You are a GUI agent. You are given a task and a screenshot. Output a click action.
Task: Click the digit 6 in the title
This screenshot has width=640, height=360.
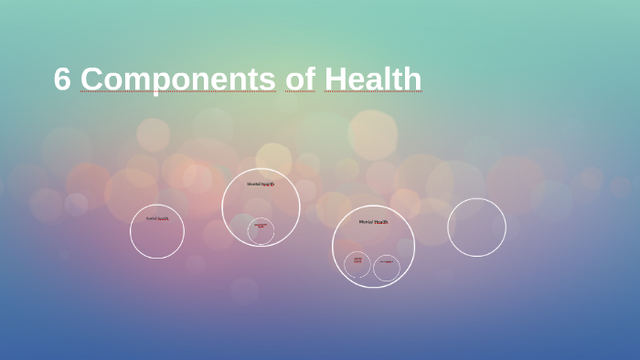click(x=61, y=79)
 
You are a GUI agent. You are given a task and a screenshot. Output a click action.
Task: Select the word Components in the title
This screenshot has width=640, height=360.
click(x=177, y=79)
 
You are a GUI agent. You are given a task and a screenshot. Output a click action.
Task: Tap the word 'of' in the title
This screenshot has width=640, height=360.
click(x=299, y=79)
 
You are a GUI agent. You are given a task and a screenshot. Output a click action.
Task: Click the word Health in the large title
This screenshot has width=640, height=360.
click(x=373, y=79)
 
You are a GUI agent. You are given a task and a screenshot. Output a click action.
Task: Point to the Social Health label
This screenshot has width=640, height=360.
click(x=157, y=218)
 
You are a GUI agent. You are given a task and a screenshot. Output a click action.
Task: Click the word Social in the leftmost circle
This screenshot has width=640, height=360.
click(x=152, y=218)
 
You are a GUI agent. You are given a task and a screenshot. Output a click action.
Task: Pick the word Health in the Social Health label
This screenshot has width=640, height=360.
click(x=164, y=218)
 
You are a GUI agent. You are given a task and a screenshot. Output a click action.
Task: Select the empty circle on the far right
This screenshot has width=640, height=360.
click(x=476, y=228)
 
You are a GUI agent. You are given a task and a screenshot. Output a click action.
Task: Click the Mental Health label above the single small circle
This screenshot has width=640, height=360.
click(x=261, y=184)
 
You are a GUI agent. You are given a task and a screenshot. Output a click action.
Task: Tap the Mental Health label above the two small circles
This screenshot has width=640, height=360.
click(x=373, y=221)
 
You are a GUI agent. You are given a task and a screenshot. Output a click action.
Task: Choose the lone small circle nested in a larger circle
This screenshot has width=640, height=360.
click(x=261, y=231)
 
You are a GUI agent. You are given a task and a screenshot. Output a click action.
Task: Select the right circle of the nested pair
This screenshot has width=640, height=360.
click(x=387, y=268)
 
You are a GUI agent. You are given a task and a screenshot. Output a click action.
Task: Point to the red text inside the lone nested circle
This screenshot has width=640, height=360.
click(x=261, y=226)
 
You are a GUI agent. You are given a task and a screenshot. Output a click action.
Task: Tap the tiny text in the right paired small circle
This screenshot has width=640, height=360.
click(x=387, y=262)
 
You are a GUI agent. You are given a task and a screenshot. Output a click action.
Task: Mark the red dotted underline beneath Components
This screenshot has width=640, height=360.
click(x=177, y=92)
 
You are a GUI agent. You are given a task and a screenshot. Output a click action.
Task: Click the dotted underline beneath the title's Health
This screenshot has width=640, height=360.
click(x=373, y=92)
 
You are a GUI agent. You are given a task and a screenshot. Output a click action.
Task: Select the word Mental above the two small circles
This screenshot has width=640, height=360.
click(x=366, y=221)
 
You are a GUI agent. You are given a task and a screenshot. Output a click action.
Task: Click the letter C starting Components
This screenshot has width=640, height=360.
click(x=91, y=79)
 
